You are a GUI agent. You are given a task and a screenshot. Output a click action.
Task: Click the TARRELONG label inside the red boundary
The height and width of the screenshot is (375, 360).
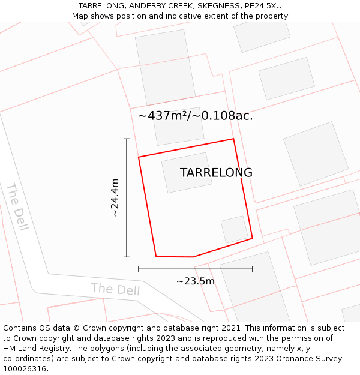coord(216,173)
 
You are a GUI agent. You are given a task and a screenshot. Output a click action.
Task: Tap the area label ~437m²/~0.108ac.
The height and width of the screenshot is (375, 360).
coord(196,116)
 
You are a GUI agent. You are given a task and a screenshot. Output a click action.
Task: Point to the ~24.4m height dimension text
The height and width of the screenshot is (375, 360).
coord(115,197)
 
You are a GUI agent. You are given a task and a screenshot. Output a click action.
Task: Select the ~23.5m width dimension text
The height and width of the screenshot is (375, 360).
coord(196,281)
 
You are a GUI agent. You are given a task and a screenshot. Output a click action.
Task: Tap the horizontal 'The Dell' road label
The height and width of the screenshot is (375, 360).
coord(115,289)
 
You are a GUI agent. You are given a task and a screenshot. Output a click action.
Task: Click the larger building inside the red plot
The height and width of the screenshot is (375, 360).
coord(187,172)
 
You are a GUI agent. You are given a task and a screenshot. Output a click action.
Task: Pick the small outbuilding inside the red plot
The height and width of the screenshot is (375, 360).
coord(235,230)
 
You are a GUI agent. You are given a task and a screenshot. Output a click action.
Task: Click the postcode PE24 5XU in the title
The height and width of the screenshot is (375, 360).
coord(263,6)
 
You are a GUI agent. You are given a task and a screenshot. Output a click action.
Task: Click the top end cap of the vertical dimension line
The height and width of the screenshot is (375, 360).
coord(127,139)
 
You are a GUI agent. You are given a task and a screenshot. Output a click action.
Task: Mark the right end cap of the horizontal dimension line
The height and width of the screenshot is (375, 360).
coord(252,269)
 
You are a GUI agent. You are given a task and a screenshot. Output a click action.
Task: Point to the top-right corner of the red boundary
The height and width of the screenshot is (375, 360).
coord(233,139)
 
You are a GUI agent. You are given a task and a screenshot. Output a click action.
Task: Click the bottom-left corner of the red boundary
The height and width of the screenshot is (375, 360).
coord(156,257)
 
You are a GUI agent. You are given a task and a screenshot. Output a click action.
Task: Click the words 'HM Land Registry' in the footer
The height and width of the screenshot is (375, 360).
coord(37,349)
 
